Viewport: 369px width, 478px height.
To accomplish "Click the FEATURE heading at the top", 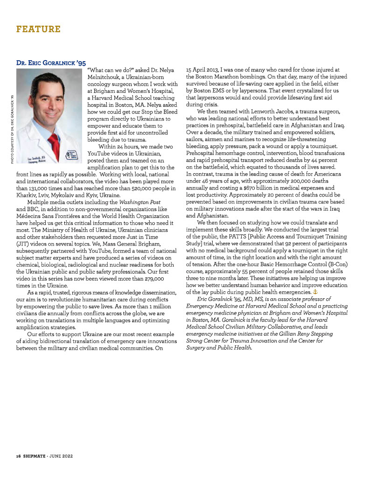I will click(x=38, y=29).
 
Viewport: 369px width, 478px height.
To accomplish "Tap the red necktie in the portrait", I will click(x=55, y=140).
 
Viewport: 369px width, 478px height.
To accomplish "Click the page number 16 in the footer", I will click(x=14, y=455).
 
